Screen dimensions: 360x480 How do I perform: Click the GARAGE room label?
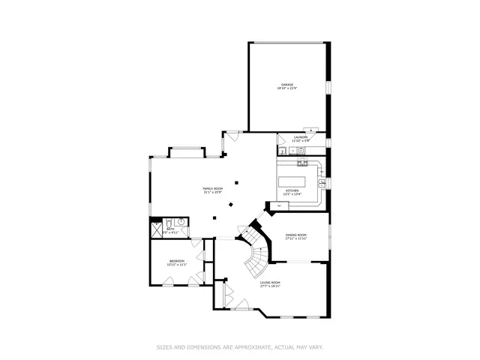pos(286,85)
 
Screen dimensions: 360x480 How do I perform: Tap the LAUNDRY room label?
pos(301,137)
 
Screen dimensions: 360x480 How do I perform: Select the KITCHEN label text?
pos(292,190)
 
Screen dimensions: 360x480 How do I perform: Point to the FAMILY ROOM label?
pos(213,188)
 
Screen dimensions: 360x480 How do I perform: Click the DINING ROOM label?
pos(296,235)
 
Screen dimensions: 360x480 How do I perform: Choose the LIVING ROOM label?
pos(270,282)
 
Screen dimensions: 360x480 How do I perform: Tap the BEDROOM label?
pos(176,261)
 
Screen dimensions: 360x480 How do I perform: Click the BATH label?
pos(169,229)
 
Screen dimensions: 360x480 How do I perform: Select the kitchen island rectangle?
pos(295,180)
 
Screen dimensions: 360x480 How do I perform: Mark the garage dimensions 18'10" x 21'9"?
pos(286,89)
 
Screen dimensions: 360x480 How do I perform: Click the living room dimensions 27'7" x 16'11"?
pos(270,286)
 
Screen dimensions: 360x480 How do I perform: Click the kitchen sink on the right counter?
pos(321,182)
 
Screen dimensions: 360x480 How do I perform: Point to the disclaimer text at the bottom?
pos(239,347)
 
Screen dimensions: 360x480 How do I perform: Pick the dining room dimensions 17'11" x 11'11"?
pos(296,239)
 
